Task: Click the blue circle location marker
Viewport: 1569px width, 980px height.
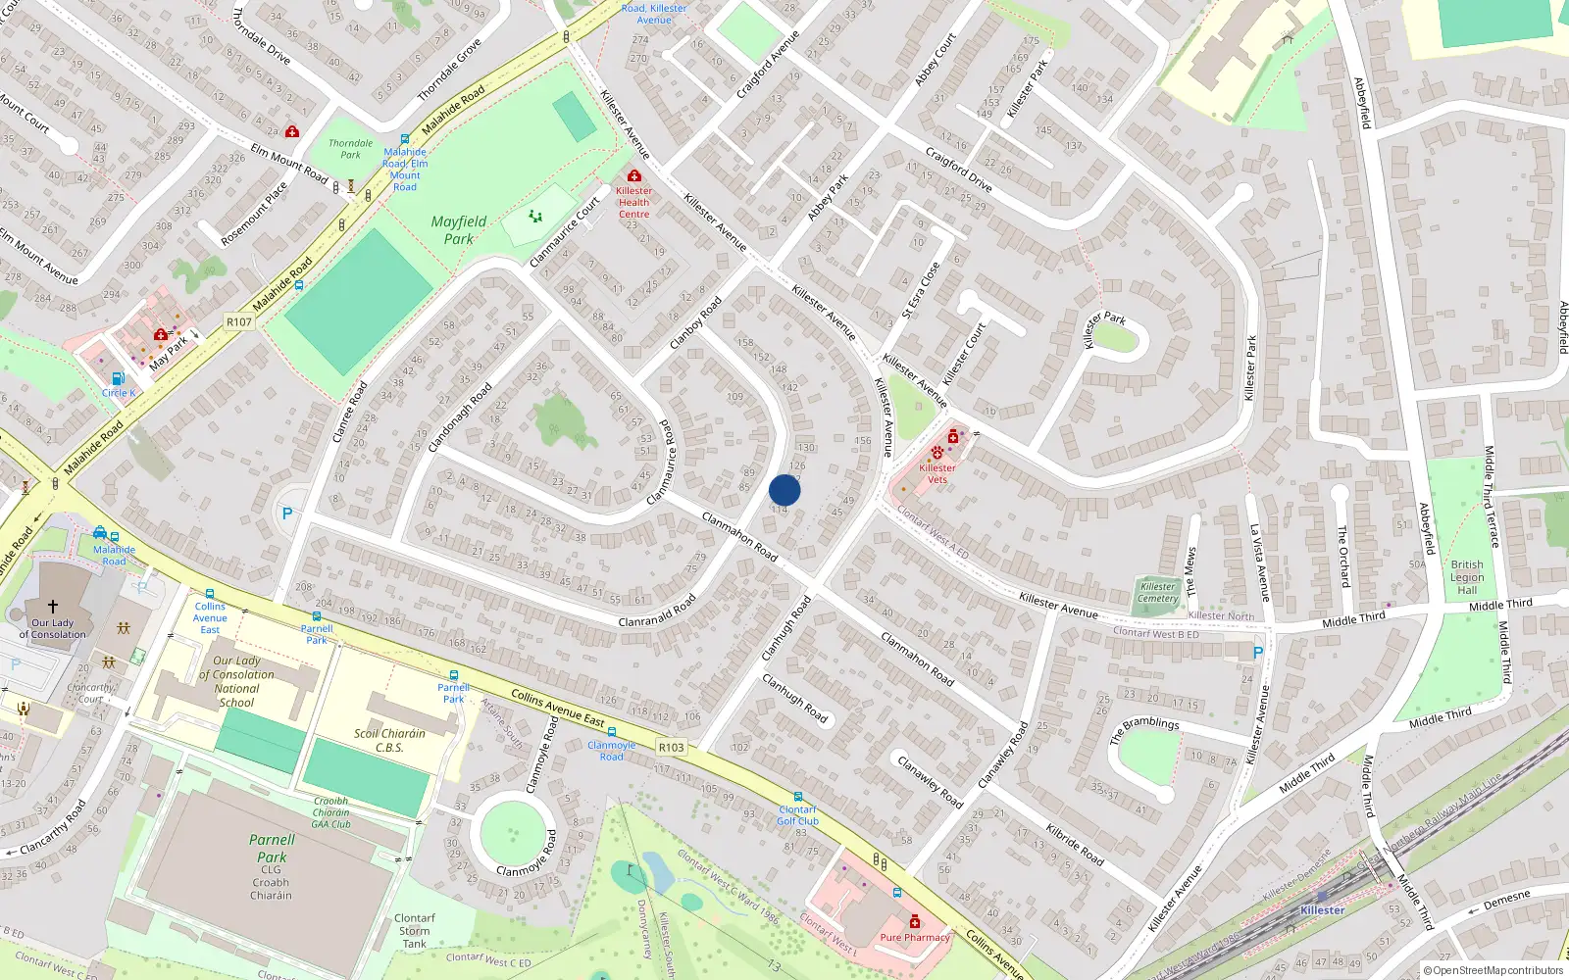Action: click(784, 490)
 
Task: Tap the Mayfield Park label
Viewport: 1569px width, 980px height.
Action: click(458, 230)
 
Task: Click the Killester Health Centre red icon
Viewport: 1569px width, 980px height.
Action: click(634, 176)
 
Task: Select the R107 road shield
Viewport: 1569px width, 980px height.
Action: click(238, 321)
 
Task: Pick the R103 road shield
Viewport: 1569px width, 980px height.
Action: click(671, 747)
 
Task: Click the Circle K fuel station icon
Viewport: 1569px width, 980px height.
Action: click(119, 378)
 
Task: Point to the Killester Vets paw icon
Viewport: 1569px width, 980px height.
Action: click(937, 453)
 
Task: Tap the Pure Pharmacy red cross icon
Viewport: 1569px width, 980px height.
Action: click(915, 921)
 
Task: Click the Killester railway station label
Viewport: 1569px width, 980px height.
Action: click(1322, 909)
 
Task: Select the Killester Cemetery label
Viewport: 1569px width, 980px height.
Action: click(1158, 592)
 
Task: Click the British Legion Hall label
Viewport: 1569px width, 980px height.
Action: click(1467, 577)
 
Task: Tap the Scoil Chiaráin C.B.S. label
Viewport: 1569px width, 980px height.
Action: click(389, 740)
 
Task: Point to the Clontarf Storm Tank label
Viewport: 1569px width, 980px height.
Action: click(414, 931)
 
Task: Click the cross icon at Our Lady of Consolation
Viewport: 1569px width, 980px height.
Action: click(53, 607)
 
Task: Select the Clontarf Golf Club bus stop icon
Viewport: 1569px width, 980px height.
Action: click(798, 797)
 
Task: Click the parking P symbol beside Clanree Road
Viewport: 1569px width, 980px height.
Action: click(287, 513)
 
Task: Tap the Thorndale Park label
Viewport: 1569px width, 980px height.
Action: click(350, 149)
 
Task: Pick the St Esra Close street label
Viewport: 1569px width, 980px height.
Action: click(921, 290)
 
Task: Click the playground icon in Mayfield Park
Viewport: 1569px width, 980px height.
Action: click(535, 216)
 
